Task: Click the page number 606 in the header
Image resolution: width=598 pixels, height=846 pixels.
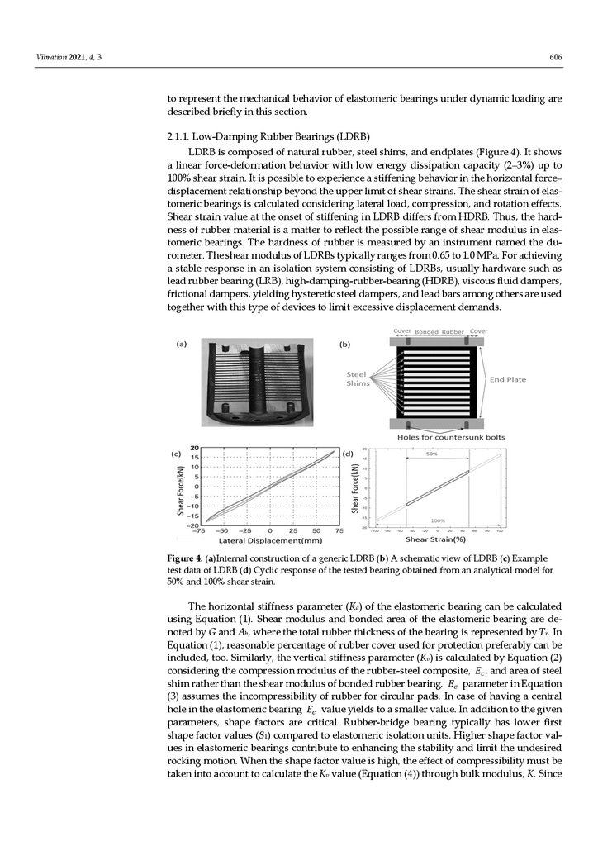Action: pyautogui.click(x=556, y=57)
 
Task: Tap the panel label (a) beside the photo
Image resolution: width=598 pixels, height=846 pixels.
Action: pyautogui.click(x=179, y=348)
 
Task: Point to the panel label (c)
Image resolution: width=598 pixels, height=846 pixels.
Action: pyautogui.click(x=176, y=454)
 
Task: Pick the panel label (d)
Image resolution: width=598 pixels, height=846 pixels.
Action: pyautogui.click(x=349, y=454)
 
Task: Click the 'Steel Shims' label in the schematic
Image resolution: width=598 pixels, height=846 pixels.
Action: pyautogui.click(x=358, y=378)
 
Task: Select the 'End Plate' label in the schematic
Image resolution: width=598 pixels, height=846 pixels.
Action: pyautogui.click(x=508, y=379)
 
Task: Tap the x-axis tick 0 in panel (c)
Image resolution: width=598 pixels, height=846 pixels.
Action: pyautogui.click(x=270, y=530)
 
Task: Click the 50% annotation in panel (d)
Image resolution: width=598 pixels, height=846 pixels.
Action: pyautogui.click(x=431, y=454)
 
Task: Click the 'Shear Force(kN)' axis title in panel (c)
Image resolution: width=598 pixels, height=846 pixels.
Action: pyautogui.click(x=181, y=489)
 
